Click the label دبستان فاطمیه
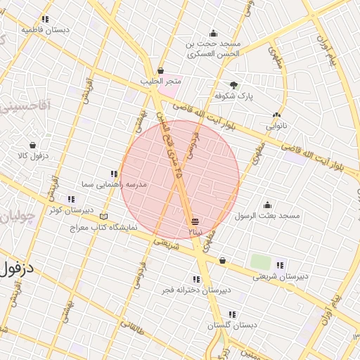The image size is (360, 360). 45,30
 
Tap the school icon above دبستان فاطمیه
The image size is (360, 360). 45,19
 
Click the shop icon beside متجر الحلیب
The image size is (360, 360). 161,70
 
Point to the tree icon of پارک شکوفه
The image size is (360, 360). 234,84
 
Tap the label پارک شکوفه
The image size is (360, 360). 234,95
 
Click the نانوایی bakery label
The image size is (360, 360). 276,127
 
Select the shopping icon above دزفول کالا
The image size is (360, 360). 32,143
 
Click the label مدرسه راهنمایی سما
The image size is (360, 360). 114,184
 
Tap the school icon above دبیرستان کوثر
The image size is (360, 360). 70,199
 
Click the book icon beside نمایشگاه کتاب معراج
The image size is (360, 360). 105,217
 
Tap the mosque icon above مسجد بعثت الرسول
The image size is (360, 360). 267,205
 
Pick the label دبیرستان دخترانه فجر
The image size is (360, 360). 195,290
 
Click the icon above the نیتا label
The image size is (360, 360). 195,221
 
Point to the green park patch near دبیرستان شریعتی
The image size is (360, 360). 261,262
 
